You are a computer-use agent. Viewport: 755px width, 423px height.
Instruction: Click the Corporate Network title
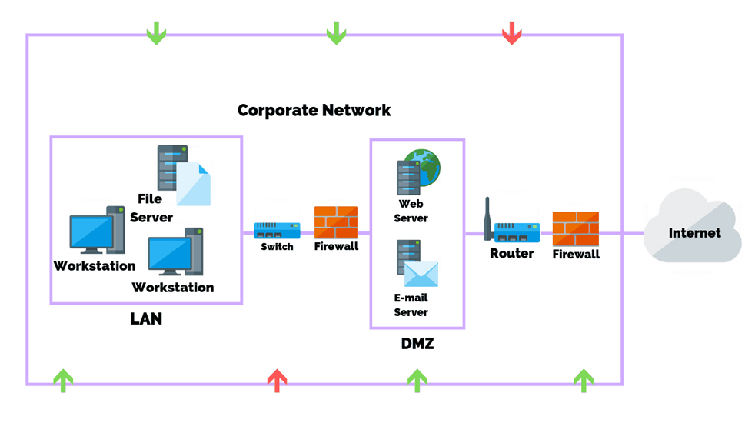click(x=314, y=110)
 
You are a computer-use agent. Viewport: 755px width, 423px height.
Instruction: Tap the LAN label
click(x=146, y=318)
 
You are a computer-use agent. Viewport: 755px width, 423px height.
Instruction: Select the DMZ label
click(x=417, y=344)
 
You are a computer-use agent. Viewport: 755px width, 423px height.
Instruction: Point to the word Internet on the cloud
click(x=694, y=233)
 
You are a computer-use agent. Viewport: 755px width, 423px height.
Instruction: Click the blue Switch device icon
click(x=277, y=229)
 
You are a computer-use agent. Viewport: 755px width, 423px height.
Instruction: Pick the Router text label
click(x=511, y=253)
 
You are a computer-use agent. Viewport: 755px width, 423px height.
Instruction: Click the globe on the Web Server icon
click(x=424, y=167)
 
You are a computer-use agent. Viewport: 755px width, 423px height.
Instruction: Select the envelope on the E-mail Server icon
click(x=421, y=274)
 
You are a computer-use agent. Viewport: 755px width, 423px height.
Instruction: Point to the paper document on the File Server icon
click(x=193, y=185)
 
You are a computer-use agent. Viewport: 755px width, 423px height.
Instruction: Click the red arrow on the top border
click(x=511, y=33)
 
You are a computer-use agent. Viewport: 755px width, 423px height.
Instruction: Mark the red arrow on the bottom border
click(x=277, y=380)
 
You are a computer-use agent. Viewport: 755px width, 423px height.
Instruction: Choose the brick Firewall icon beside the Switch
click(x=336, y=222)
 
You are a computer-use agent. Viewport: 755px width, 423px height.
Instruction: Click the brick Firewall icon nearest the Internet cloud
click(x=575, y=228)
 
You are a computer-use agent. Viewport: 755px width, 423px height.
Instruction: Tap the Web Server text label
click(x=411, y=211)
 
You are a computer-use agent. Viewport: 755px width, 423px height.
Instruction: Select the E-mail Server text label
click(x=411, y=305)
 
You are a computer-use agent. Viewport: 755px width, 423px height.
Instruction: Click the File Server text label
click(x=151, y=208)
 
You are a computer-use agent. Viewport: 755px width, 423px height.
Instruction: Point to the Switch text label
click(x=277, y=247)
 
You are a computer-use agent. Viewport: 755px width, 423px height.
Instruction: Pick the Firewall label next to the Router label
click(x=576, y=254)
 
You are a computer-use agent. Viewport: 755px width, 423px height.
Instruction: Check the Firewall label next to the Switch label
click(x=336, y=247)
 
